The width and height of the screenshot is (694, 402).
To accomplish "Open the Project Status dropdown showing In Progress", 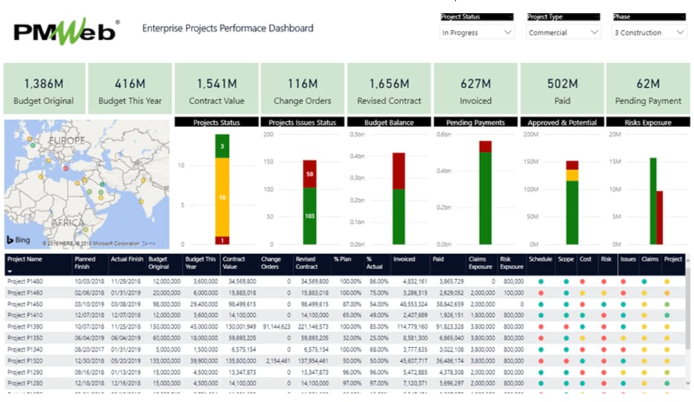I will [477, 33].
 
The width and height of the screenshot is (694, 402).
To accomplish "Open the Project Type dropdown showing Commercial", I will [563, 33].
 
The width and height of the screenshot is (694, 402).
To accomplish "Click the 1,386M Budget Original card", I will [44, 89].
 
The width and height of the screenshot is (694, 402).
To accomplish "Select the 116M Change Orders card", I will [302, 89].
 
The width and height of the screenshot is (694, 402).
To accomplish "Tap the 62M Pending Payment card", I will [647, 89].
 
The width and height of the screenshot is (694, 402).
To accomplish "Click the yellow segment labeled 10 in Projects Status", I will [222, 197].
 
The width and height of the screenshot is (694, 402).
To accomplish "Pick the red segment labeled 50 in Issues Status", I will [309, 174].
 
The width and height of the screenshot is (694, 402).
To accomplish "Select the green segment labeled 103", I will [309, 216].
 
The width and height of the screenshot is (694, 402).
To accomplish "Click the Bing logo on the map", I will [19, 240].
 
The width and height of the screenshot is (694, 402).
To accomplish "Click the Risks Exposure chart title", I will [647, 123].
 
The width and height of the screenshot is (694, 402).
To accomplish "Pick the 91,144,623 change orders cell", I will [275, 327].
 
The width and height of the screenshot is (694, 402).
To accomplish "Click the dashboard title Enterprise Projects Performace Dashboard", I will [228, 29].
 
